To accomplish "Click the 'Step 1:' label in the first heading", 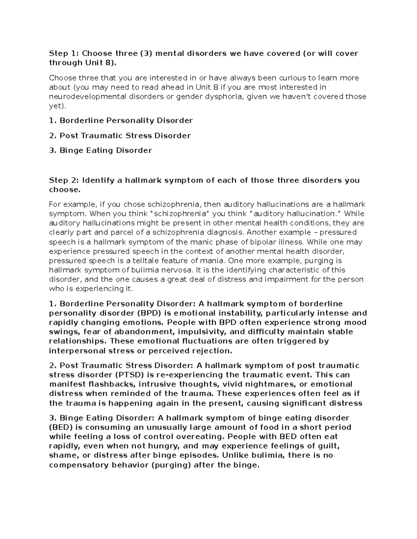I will point(64,53).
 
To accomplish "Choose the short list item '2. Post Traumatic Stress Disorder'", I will point(120,136).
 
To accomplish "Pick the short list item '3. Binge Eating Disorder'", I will point(100,151).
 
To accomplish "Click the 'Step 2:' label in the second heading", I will point(64,180).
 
